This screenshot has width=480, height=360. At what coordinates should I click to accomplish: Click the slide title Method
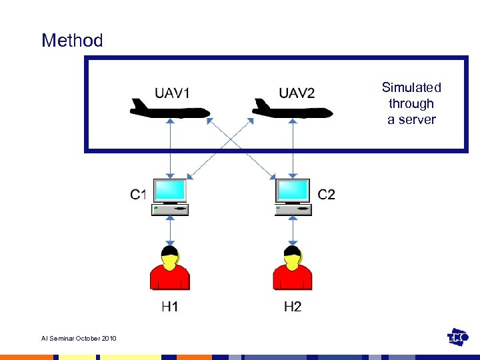(72, 41)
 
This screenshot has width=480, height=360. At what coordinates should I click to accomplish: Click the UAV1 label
(172, 93)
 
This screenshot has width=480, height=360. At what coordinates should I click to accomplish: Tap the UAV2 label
(297, 93)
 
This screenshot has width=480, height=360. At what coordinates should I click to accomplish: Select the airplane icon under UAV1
(170, 108)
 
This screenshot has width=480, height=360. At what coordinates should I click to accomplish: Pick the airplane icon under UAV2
(292, 108)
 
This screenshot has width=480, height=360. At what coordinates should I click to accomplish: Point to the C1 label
(139, 195)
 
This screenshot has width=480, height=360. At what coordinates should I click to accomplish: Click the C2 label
(327, 195)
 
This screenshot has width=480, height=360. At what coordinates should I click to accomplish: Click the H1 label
(170, 307)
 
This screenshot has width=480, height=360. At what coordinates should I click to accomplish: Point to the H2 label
(293, 307)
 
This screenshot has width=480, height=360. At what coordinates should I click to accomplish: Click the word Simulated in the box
(411, 87)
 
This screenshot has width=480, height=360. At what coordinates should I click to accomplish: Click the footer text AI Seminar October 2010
(79, 339)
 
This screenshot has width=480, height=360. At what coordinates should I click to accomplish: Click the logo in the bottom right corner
(458, 337)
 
